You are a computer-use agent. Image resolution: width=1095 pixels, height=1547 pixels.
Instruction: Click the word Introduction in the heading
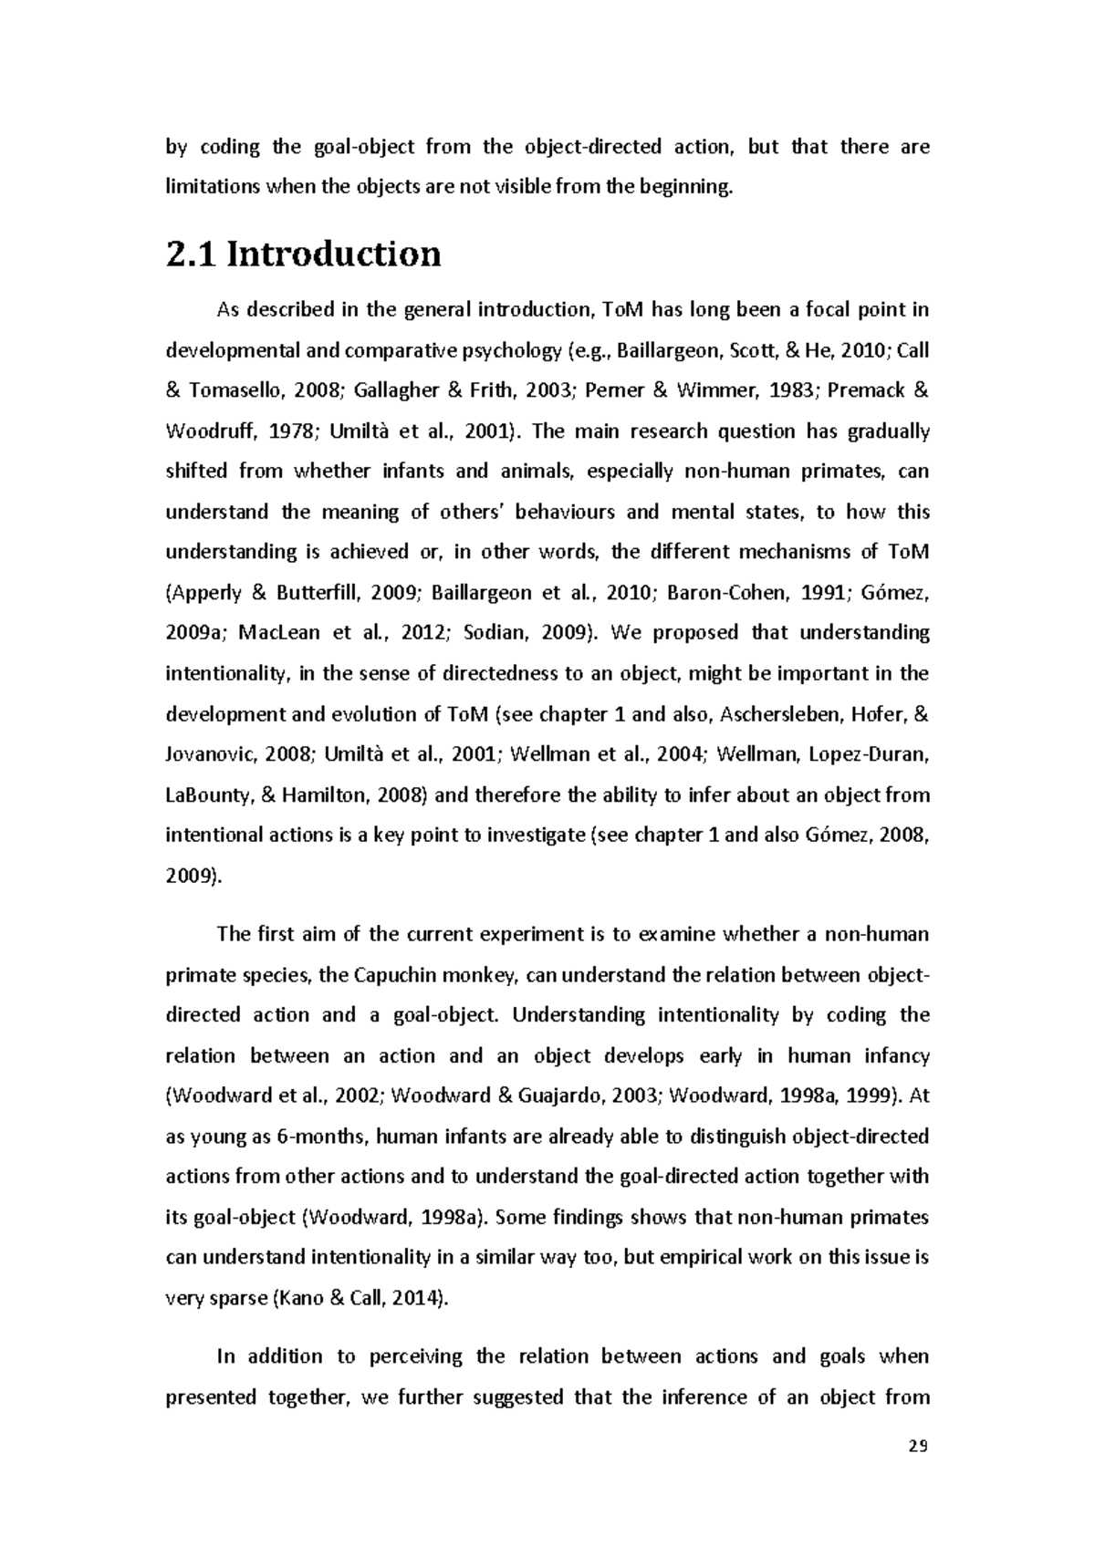pyautogui.click(x=333, y=254)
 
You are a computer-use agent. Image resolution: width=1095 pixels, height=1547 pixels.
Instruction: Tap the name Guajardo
pyautogui.click(x=557, y=1096)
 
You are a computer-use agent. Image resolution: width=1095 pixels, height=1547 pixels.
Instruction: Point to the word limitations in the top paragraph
pyautogui.click(x=212, y=188)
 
